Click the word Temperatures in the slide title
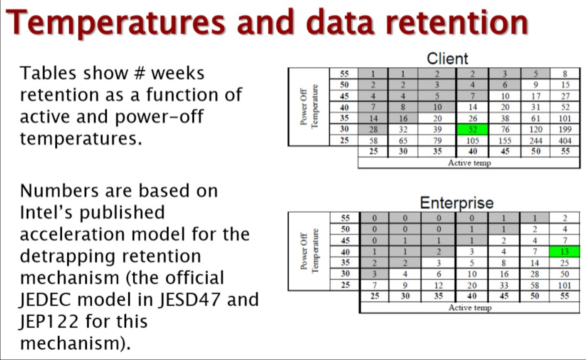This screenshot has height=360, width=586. click(115, 23)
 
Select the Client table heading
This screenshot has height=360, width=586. click(447, 59)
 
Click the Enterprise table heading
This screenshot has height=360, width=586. click(457, 203)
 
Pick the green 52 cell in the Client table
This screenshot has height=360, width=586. click(473, 129)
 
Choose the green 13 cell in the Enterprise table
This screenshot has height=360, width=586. click(564, 252)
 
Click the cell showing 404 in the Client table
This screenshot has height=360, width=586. click(565, 141)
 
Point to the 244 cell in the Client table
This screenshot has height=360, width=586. click(535, 141)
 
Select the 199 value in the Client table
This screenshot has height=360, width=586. click(565, 129)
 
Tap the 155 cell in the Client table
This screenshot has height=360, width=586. click(505, 141)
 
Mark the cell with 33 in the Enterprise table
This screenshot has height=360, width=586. click(504, 285)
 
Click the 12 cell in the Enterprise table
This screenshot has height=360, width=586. click(439, 285)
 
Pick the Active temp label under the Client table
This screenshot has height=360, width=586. click(469, 163)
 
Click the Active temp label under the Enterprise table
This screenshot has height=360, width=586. click(470, 307)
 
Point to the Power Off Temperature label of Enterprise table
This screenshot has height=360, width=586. click(309, 251)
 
